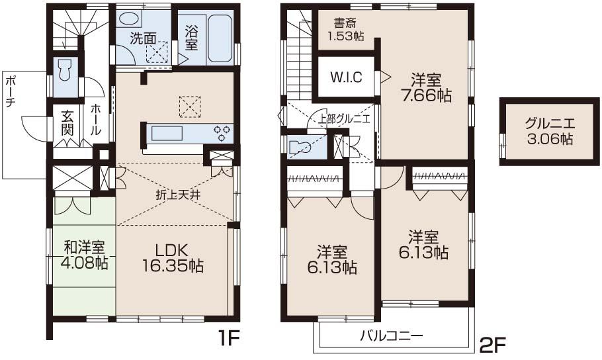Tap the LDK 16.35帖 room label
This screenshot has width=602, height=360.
[x=173, y=258]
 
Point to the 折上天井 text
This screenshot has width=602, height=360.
[x=175, y=195]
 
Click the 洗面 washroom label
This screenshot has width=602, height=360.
[x=143, y=38]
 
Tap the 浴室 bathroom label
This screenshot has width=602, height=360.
[x=191, y=38]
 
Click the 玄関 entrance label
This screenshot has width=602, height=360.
[x=67, y=122]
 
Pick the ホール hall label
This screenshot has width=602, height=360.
[x=96, y=120]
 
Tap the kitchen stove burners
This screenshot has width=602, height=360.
[x=222, y=132]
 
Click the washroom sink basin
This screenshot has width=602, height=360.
[x=132, y=19]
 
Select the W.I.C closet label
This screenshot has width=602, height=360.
[x=346, y=77]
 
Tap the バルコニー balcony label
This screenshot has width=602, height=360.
[x=391, y=335]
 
